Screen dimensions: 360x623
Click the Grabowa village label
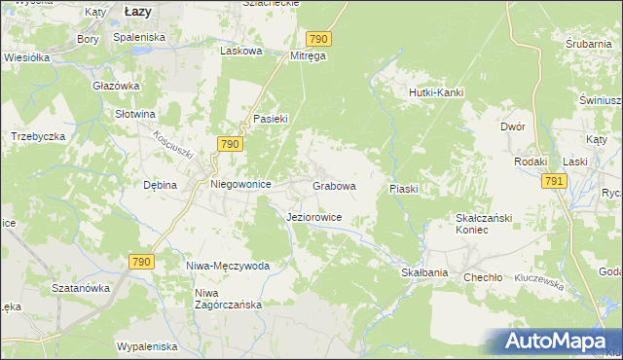[334, 185]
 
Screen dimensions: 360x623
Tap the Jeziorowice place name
[313, 217]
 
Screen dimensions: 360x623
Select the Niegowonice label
[240, 183]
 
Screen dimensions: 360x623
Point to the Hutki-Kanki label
[434, 92]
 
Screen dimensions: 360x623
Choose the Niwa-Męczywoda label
[228, 266]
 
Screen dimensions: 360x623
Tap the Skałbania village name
[424, 273]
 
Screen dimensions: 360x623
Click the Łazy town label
[143, 10]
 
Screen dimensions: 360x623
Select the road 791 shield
[554, 181]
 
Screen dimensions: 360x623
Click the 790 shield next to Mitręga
[318, 38]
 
